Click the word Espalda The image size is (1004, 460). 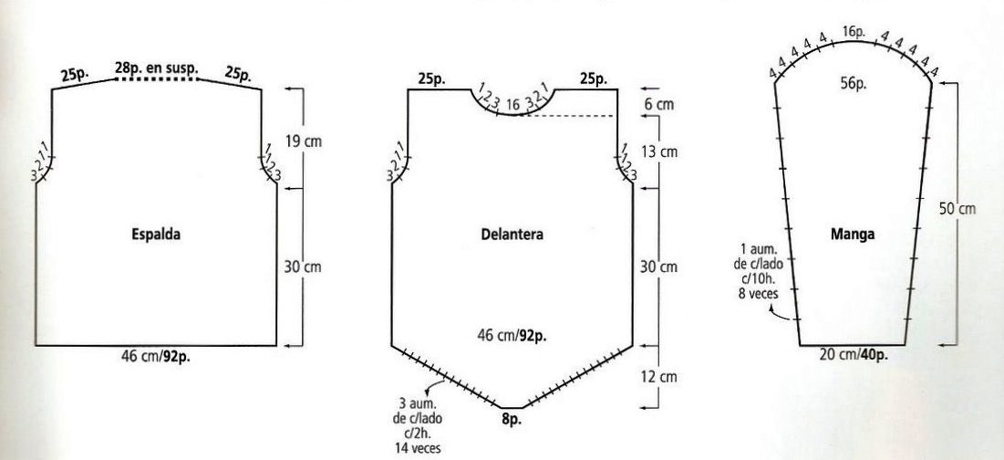(156, 235)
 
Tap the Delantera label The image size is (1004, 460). (512, 235)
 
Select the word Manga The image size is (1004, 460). (853, 235)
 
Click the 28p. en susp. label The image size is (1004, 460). (157, 68)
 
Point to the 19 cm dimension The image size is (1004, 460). (303, 141)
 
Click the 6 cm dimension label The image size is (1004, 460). (659, 104)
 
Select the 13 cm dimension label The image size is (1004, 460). (659, 152)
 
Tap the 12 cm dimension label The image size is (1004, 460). (659, 377)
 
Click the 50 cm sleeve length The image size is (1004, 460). (957, 208)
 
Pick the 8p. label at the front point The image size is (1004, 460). (512, 421)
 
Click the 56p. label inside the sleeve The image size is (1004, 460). (853, 83)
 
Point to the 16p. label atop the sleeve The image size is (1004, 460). (854, 31)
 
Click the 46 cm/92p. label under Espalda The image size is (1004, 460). (156, 356)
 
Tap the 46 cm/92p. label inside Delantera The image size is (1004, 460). (512, 335)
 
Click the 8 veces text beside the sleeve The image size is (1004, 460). (758, 295)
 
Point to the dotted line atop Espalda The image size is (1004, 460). (157, 78)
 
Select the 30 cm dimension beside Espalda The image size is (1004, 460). (303, 267)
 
